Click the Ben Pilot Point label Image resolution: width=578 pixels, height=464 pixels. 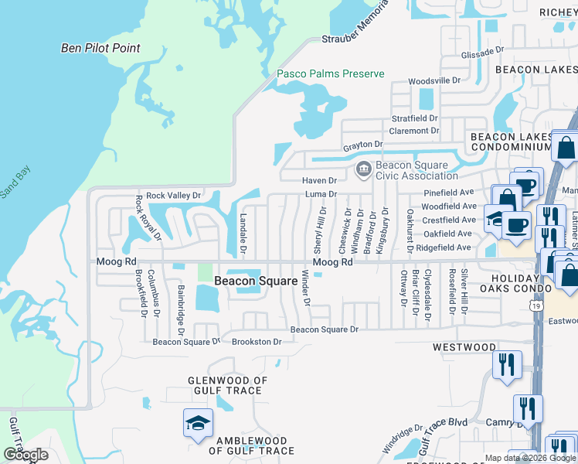pos(100,48)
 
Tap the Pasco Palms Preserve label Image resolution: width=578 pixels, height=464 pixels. pos(331,74)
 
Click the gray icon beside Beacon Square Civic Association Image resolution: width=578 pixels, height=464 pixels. pos(363,168)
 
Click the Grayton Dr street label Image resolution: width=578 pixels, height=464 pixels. pos(362,145)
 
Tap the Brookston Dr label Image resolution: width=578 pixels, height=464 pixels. pos(257,341)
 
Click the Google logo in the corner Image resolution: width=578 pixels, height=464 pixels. pos(25,455)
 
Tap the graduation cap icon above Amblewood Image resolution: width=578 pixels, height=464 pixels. pos(198,422)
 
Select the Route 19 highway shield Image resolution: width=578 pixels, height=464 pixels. pos(535,285)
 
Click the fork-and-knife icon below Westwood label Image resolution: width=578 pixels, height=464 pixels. pos(507,364)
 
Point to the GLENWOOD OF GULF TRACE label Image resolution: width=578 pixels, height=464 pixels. pos(228,385)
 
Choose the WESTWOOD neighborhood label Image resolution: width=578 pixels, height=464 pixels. pos(464,347)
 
